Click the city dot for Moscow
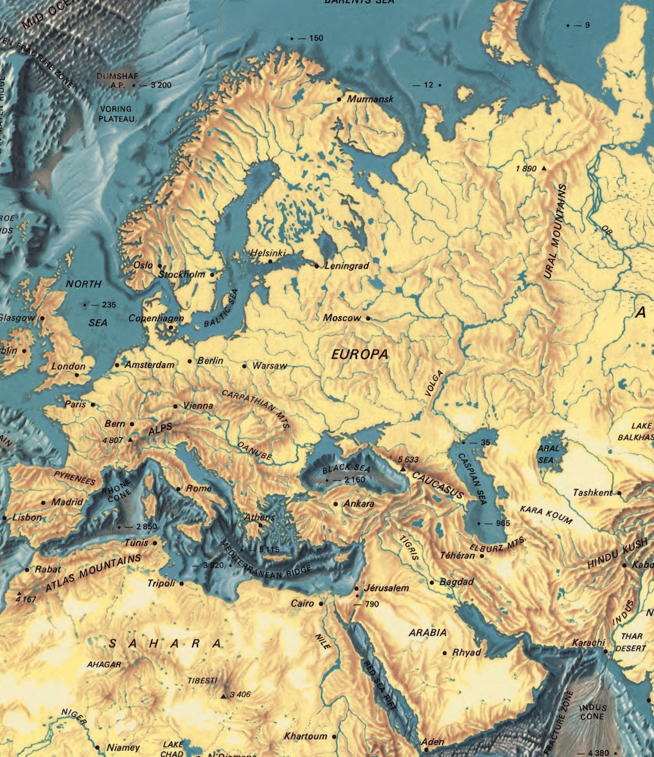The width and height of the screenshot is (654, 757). (368, 318)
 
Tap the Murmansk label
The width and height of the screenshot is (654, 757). (370, 99)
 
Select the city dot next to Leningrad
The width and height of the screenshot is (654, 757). (317, 266)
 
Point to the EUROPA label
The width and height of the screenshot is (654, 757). (360, 355)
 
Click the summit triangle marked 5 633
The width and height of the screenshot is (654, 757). (403, 469)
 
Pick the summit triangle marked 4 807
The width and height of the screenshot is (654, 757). (131, 440)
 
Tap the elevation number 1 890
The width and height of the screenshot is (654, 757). (525, 169)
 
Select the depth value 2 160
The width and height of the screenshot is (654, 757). (355, 480)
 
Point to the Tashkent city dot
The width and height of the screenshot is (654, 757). (619, 493)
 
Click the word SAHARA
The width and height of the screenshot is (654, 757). (165, 644)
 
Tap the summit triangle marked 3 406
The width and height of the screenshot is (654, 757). (223, 696)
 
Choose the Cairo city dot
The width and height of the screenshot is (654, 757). (321, 604)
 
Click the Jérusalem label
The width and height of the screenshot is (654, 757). (386, 588)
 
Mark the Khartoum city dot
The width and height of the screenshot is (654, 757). (334, 736)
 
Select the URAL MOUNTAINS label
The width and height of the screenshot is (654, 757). (555, 232)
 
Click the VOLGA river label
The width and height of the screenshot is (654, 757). (434, 383)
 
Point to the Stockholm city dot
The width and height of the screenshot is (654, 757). (212, 274)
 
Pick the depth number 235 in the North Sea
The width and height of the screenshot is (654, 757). (108, 305)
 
